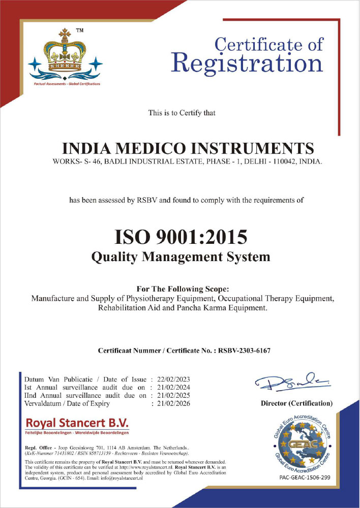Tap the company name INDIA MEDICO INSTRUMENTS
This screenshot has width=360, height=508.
pos(188,148)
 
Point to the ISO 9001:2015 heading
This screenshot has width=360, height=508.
pos(181,237)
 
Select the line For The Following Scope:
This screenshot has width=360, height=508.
pos(180,289)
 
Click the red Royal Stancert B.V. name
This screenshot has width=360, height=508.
pos(77,423)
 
